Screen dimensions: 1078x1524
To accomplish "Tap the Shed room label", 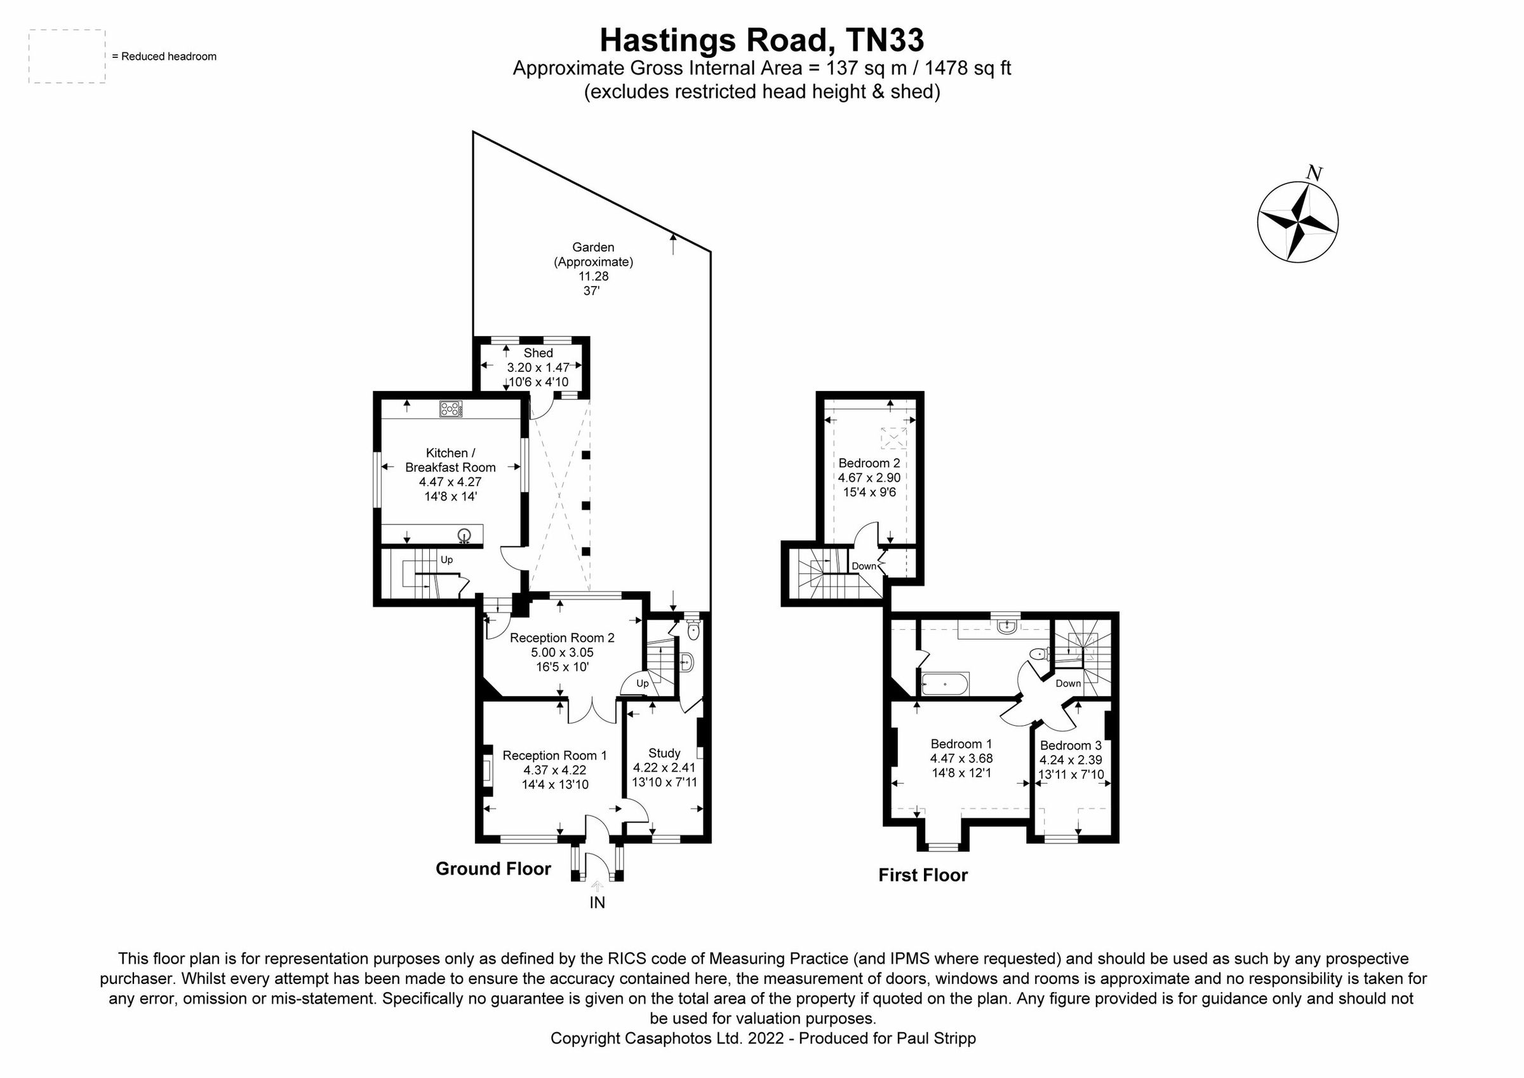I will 538,353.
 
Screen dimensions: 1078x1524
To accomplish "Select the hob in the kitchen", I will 451,409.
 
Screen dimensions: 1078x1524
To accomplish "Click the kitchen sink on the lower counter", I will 465,534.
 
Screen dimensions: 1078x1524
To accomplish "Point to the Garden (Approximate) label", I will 593,254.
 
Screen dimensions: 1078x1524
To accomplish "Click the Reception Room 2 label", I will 561,638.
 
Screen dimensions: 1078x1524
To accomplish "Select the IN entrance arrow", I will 597,885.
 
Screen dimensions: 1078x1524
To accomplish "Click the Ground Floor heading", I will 493,869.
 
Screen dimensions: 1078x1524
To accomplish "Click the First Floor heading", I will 923,875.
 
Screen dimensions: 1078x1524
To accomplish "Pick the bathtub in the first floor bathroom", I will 946,683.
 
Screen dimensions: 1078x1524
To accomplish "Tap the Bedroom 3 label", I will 1071,745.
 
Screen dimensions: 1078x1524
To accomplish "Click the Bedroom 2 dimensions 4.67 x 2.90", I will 869,477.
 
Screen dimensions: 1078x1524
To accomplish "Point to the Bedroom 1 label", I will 961,744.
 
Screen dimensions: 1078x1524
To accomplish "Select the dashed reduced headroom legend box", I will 67,57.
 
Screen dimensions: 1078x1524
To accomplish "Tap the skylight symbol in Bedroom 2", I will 893,439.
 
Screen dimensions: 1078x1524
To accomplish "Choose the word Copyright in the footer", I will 585,1038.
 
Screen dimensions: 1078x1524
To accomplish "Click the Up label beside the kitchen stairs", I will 446,560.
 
